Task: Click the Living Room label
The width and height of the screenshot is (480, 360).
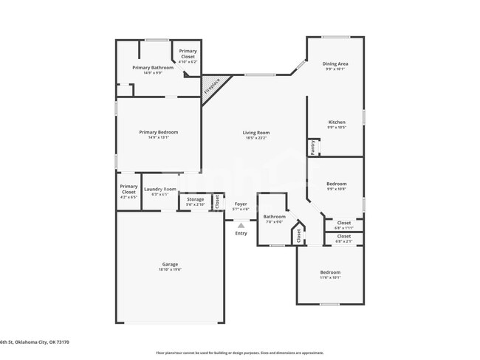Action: click(256, 133)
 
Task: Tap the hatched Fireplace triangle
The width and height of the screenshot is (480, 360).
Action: click(213, 89)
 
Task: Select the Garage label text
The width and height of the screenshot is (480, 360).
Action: click(170, 264)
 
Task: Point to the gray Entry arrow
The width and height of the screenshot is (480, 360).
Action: click(241, 225)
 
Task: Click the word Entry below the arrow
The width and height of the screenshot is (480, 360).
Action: click(241, 234)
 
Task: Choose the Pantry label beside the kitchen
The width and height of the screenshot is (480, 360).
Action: click(312, 148)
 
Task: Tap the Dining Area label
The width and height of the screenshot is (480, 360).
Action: click(335, 64)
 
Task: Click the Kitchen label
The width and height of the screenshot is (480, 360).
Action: click(336, 122)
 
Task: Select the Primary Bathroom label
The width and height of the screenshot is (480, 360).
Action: click(153, 68)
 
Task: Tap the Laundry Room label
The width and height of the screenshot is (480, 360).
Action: click(160, 190)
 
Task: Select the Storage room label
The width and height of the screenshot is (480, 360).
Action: click(195, 199)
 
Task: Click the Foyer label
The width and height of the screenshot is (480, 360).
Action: click(241, 204)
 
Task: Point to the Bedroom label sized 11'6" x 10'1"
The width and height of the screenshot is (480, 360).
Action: click(329, 272)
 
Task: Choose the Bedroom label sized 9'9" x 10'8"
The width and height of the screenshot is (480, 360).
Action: click(336, 184)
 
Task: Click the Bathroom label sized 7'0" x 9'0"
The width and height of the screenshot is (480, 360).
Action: click(273, 217)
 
